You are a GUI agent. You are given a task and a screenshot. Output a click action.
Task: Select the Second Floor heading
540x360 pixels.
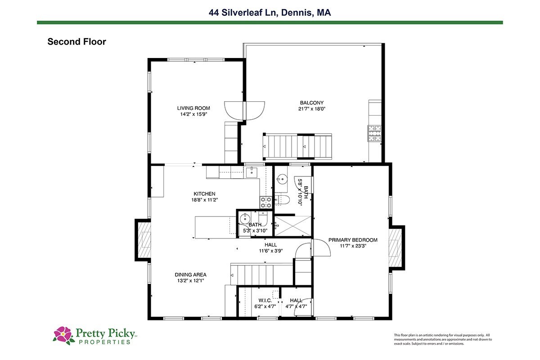(76, 42)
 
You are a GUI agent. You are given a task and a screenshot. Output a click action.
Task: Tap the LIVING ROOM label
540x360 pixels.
(193, 108)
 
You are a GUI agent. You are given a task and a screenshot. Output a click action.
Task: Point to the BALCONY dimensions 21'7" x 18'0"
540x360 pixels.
(312, 109)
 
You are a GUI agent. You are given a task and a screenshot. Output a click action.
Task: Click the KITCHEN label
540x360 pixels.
(204, 193)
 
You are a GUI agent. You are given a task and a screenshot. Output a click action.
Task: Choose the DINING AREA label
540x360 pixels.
(190, 274)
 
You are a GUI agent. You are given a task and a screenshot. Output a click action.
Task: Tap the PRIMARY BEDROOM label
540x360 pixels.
(353, 240)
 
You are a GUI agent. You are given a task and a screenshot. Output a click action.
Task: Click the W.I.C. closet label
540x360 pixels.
(265, 301)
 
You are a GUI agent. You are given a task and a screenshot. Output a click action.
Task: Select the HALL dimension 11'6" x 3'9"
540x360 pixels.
(271, 251)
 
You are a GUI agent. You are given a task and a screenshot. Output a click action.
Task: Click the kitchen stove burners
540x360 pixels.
(266, 202)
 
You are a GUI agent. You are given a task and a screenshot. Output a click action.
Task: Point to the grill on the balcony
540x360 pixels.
(374, 133)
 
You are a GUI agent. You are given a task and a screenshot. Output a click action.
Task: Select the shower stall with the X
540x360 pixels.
(293, 226)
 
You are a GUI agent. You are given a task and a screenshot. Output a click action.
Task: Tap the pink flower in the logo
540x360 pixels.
(63, 335)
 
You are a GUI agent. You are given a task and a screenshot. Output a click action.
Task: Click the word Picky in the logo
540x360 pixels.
(121, 333)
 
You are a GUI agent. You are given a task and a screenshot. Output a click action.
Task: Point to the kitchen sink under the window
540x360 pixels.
(252, 172)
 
